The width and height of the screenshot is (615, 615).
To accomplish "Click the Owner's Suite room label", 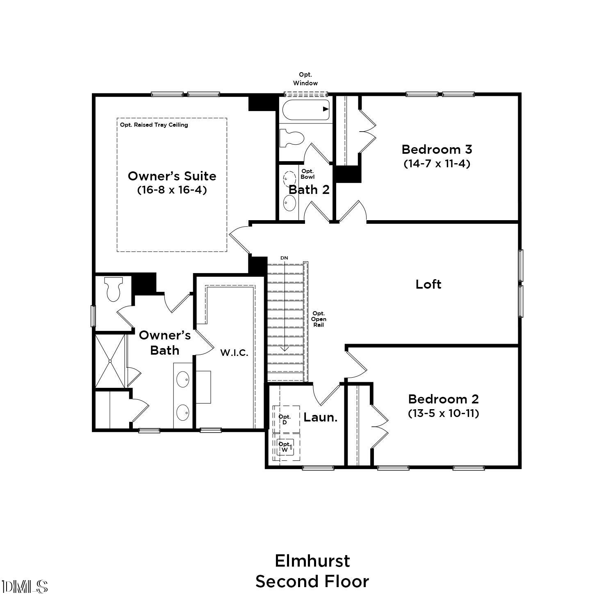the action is tap(172, 176).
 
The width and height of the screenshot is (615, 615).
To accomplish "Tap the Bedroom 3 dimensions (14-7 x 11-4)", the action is tap(437, 164).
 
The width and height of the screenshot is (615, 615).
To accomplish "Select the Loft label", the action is tap(428, 284).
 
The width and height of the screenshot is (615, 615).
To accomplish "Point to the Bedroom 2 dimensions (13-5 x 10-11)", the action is tap(444, 413).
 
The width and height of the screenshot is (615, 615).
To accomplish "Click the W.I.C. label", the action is tap(234, 353).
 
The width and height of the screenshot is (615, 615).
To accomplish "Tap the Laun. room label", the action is tap(321, 417).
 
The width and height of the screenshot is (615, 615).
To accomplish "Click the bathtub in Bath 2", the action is tap(306, 109).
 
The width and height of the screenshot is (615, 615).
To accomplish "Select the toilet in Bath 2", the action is tap(292, 138).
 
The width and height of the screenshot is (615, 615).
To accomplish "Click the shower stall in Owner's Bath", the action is tap(110, 361).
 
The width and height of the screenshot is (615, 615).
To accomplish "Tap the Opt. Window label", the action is tap(305, 79).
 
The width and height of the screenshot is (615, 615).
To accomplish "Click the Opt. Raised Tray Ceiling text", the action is tap(154, 125).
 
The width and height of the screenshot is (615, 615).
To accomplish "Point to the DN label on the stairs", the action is tap(284, 258).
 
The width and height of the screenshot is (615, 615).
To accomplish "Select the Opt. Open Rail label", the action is tap(319, 319).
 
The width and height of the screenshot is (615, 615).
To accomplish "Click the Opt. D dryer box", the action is tap(286, 419).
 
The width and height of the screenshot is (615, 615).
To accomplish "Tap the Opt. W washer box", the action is tap(286, 447).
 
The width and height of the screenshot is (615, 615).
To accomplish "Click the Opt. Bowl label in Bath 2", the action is tap(307, 174).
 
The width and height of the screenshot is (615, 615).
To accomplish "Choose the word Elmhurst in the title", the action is tap(312, 561).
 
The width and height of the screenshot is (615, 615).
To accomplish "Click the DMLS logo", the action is tap(25, 587).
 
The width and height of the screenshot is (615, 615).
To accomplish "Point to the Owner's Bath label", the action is tap(165, 343).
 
